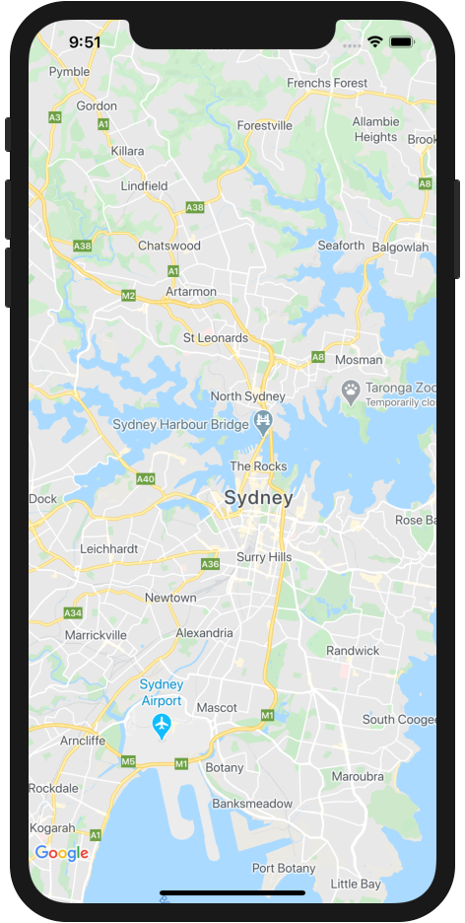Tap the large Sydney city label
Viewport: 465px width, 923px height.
(x=258, y=498)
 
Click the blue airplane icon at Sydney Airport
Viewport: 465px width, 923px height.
(x=163, y=727)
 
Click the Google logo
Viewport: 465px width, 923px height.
(x=62, y=853)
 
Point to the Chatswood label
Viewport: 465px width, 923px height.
(x=169, y=246)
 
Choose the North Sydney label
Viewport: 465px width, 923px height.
(x=248, y=396)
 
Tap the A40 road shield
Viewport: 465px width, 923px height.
(x=146, y=479)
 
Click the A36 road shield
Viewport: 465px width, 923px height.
(x=210, y=564)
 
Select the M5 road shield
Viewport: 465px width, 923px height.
(x=128, y=761)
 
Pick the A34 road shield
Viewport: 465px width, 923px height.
(x=73, y=612)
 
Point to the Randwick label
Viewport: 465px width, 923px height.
(x=353, y=651)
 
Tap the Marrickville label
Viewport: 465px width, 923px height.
(x=96, y=635)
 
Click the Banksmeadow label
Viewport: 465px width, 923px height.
(x=252, y=804)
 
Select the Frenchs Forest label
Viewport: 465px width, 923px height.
(x=327, y=84)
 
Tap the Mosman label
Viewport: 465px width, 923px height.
(x=359, y=360)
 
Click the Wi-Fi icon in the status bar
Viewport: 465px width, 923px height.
(x=374, y=42)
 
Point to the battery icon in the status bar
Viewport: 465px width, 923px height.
(x=401, y=42)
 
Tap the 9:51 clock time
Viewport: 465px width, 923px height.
(x=85, y=42)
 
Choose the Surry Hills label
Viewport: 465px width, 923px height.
(x=264, y=557)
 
